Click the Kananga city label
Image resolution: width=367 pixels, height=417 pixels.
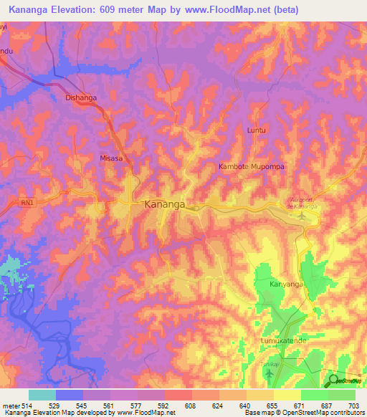pos(165,204)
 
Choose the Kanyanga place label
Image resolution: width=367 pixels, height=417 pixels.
pos(287,284)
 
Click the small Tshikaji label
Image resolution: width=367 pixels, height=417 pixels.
pos(264,363)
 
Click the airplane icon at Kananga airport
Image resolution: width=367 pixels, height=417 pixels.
pos(302,216)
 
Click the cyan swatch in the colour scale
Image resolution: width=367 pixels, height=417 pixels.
pos(42,396)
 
